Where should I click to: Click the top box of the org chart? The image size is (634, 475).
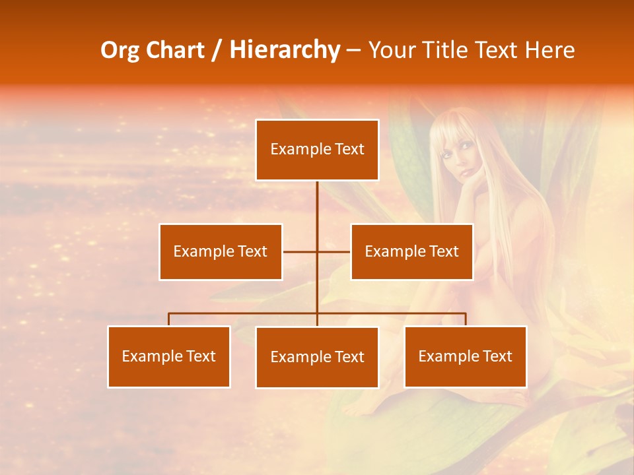[x=317, y=150]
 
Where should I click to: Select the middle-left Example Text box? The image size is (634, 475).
[x=221, y=251]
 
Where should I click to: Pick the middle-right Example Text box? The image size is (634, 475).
[x=411, y=251]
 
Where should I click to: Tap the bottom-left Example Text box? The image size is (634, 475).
[x=169, y=356]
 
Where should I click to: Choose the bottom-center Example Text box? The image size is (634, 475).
[x=317, y=357]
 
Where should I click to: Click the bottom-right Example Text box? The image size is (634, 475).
[x=465, y=356]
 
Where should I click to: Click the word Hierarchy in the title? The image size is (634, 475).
[x=285, y=50]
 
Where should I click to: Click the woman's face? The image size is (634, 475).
[x=454, y=156]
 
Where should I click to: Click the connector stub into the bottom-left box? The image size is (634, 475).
[x=169, y=319]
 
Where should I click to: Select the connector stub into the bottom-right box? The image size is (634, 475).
[x=466, y=319]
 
